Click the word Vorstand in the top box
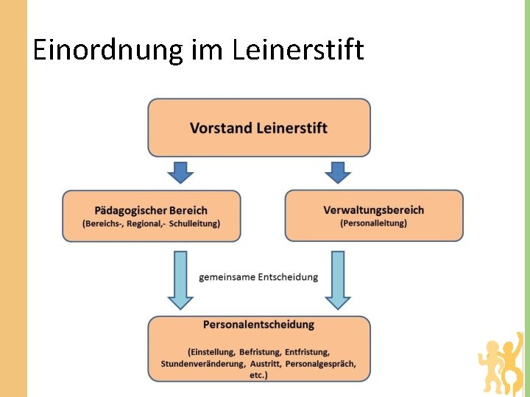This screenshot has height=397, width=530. [x=222, y=128]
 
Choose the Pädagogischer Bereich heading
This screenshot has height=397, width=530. [x=151, y=210]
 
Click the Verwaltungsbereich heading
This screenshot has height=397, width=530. [x=373, y=210]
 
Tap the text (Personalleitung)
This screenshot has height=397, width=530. [x=373, y=223]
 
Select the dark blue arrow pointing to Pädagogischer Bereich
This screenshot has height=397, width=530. [x=180, y=172]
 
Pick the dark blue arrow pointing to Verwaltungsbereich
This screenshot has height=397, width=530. [x=338, y=172]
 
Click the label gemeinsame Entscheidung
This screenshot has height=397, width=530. [x=258, y=277]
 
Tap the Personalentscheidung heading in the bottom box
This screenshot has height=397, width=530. [x=258, y=324]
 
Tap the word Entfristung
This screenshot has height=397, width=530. [x=308, y=352]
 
